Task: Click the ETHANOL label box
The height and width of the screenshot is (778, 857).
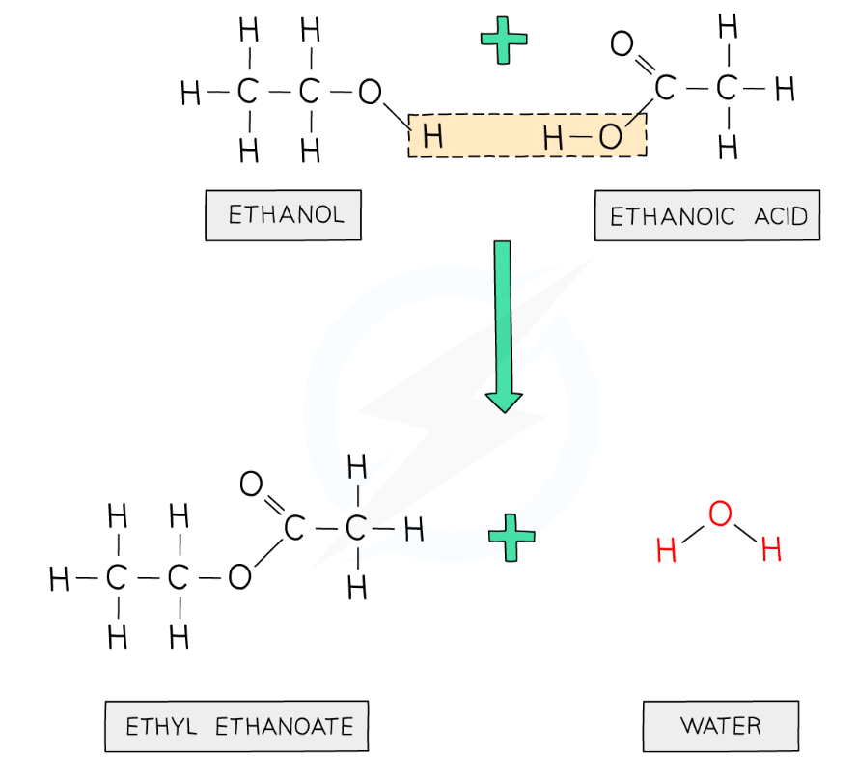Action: pos(283,215)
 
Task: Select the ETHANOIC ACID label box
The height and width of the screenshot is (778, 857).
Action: pos(707,216)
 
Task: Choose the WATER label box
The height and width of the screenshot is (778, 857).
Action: pos(720,726)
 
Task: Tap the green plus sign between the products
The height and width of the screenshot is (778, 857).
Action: pos(511,537)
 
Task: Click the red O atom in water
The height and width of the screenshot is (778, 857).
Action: pos(720,514)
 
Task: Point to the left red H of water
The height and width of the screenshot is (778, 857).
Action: pos(666,552)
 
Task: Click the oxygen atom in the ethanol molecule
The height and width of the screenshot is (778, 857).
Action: pos(370,93)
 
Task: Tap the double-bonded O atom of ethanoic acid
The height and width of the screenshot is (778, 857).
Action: pos(622,44)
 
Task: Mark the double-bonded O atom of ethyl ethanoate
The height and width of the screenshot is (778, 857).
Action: pos(251,485)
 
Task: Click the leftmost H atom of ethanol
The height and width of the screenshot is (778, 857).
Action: pos(190,93)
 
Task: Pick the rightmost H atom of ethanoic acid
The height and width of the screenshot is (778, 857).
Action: pos(785,90)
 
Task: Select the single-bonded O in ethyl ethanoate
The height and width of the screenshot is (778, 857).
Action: pos(238,578)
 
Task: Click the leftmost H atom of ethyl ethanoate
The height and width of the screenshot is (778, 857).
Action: pos(59,579)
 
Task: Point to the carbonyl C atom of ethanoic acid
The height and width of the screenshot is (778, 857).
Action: pos(664,90)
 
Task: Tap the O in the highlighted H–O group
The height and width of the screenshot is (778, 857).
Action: pos(610,137)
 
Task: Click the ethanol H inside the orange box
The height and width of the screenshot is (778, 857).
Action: pos(432,137)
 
